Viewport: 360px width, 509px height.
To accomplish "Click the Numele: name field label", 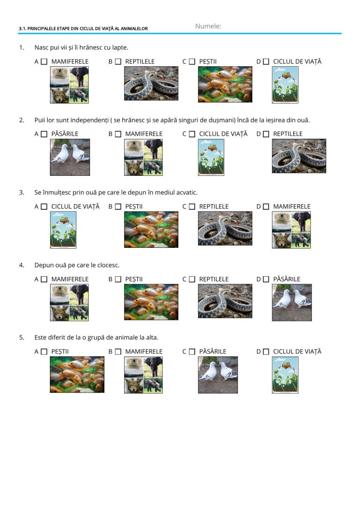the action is coord(208,26).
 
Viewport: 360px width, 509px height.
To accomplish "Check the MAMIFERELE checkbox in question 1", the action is coord(44,62).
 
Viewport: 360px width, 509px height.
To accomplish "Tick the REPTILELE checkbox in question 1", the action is coord(118,62).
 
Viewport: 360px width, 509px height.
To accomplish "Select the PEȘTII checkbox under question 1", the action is coord(192,62).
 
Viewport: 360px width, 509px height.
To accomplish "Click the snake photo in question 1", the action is coord(151,84).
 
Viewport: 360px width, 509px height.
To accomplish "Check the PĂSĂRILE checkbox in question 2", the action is coord(44,134).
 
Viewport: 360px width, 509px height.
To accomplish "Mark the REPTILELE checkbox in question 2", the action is coord(266,134).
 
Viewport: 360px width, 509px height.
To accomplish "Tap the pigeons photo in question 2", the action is coord(70,157).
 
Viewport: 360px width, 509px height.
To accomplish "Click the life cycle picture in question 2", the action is coord(211,157).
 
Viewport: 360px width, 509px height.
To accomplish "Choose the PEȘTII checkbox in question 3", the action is coord(118,206).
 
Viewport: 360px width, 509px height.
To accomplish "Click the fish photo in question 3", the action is coord(151,229).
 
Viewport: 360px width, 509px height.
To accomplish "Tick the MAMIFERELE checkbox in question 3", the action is coord(266,206).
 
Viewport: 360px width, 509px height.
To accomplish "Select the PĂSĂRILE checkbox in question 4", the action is coord(266,279).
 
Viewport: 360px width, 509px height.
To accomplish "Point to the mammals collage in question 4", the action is coord(69,303).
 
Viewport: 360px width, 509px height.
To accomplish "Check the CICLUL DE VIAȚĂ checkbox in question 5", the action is coord(266,352).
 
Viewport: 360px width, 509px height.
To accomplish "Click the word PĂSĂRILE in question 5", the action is coord(213,352).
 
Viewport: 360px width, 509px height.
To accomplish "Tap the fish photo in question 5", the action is coord(77,375).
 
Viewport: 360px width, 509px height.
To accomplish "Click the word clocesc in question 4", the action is coord(108,265).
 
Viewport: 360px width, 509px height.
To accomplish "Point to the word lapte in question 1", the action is coord(121,48).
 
